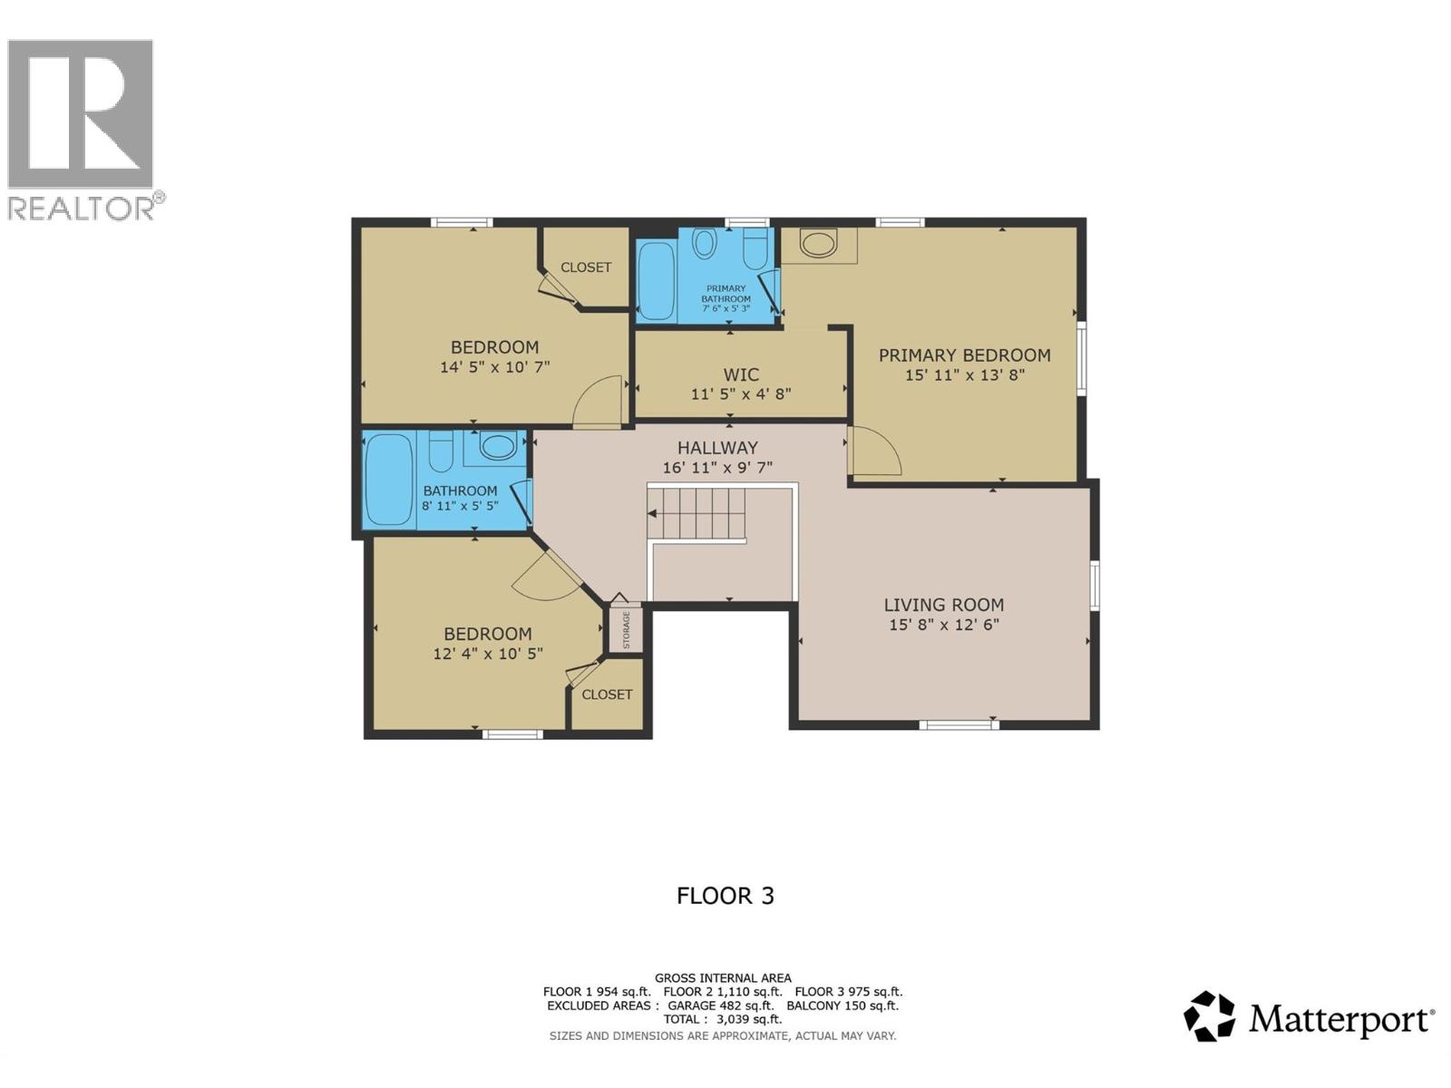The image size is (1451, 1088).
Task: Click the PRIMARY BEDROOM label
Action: tap(964, 355)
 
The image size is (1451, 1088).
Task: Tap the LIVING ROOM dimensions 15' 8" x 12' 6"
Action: tap(944, 625)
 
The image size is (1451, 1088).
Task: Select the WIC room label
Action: tap(741, 374)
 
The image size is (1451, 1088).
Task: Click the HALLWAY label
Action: tap(717, 448)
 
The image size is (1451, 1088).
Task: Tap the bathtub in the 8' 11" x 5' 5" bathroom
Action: tap(389, 479)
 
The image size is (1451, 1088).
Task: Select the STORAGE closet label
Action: tap(626, 629)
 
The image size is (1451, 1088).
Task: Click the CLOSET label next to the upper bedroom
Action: tap(586, 267)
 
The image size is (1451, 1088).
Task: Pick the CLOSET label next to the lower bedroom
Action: tap(607, 695)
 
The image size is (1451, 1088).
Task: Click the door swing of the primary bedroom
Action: tap(873, 453)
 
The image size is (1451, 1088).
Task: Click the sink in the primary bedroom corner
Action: tap(819, 244)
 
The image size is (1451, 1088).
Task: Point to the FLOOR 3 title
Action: tap(725, 896)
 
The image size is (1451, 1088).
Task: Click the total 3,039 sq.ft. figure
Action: tap(748, 1019)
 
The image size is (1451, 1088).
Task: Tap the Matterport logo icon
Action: tap(1209, 1016)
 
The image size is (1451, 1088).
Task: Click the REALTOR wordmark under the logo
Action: tap(82, 209)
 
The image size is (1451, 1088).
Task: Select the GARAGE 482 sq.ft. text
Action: tap(720, 1005)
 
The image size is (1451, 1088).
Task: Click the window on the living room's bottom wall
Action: tap(959, 724)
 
